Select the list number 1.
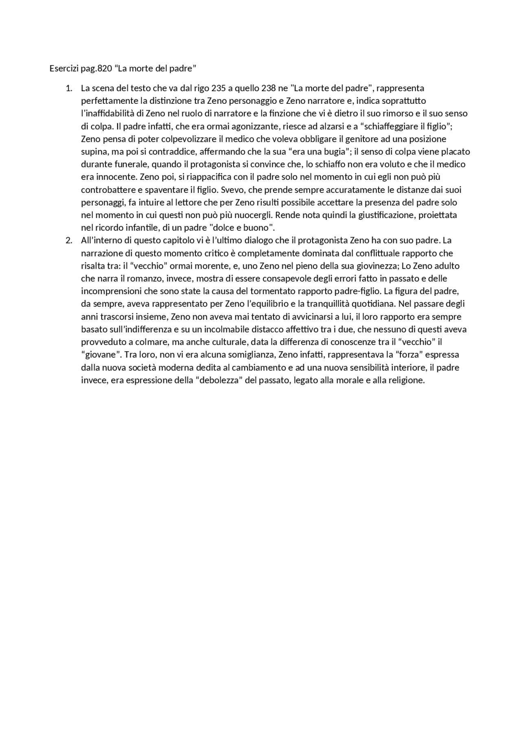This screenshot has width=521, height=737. point(68,88)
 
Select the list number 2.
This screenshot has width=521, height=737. point(68,240)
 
